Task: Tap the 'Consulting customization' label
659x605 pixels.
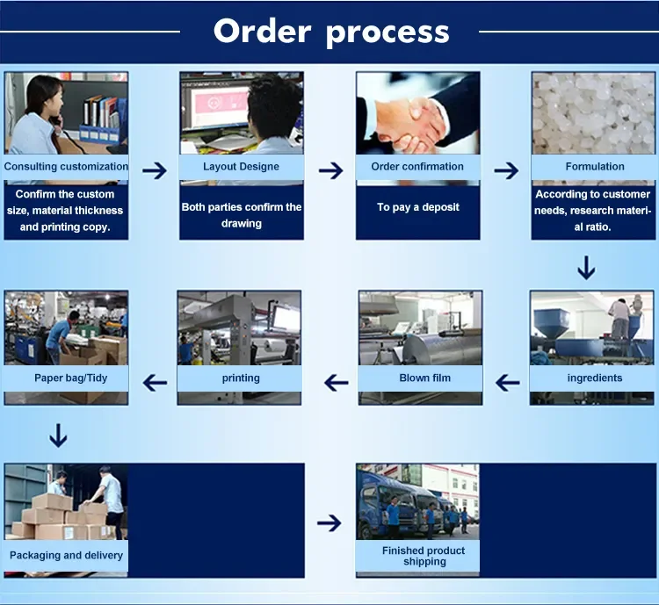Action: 66,166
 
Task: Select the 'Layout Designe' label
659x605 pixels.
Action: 241,166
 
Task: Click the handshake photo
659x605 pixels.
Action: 417,113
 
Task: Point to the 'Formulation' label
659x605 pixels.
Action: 595,166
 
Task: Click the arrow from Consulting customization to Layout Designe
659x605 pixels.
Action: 155,170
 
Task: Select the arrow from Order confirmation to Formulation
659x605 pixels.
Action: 506,170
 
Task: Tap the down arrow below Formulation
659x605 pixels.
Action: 586,267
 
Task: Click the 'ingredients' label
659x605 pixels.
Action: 594,378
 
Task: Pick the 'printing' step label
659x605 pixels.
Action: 241,378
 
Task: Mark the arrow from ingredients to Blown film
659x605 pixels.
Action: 507,382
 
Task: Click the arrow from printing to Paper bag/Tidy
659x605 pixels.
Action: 156,382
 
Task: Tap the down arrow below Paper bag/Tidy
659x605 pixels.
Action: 58,436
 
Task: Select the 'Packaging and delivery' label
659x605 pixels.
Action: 66,555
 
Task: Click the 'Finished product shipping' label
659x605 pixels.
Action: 424,556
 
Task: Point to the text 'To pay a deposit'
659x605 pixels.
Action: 418,207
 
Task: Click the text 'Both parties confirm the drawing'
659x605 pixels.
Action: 242,215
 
